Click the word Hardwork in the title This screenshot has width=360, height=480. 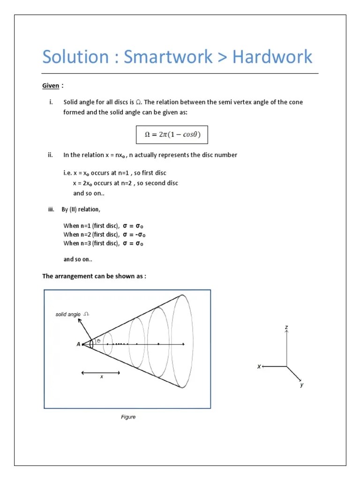[x=272, y=57]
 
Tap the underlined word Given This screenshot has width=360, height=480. [x=51, y=86]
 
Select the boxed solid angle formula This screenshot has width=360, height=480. [x=172, y=135]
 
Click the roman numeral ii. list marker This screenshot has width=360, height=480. [x=50, y=155]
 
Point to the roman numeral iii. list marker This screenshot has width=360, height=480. [x=52, y=210]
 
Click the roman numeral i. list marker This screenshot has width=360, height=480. [x=50, y=102]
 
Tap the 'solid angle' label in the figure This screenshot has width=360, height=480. [x=68, y=315]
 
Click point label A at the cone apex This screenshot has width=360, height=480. [x=78, y=344]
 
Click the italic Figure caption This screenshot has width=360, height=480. [x=128, y=417]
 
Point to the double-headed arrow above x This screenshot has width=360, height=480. [x=101, y=373]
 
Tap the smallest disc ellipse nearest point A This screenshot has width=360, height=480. [x=107, y=344]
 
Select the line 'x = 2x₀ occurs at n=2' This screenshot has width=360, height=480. [x=125, y=183]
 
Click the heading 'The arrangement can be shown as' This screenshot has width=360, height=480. [x=94, y=276]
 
